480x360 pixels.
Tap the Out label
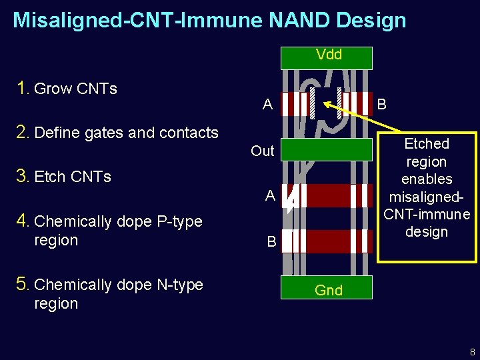tap(262, 151)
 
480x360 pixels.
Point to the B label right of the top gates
tap(381, 105)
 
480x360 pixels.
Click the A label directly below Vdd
tap(267, 105)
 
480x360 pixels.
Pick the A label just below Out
tap(269, 195)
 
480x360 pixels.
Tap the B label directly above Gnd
tap(271, 241)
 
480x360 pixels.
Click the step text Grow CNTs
tap(75, 89)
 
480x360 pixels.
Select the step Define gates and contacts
tap(126, 133)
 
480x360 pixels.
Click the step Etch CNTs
tap(73, 177)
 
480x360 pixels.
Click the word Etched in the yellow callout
tap(427, 144)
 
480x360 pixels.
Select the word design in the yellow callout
tap(427, 232)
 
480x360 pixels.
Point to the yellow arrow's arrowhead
tap(327, 105)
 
